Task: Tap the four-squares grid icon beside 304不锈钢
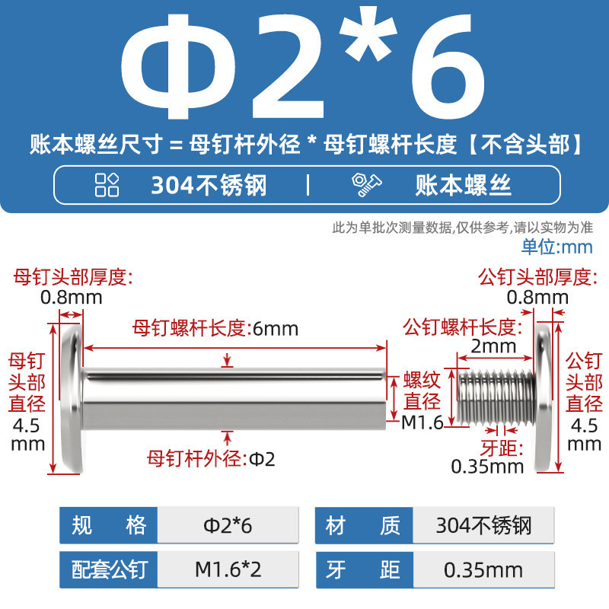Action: [107, 185]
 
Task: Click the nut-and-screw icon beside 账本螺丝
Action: [366, 184]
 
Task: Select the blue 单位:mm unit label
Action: [557, 247]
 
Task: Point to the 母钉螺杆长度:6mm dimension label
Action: [215, 329]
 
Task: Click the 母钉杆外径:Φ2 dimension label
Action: [211, 459]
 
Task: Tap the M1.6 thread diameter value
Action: [422, 422]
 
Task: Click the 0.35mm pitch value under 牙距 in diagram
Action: [487, 467]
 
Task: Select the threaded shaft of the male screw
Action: [496, 397]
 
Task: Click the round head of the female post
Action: [72, 399]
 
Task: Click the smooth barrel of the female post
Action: [235, 398]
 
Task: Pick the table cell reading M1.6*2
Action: [228, 569]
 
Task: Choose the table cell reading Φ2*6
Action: [228, 525]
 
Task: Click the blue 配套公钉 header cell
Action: [109, 569]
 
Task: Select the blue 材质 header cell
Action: [364, 525]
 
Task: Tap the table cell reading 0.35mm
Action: [483, 569]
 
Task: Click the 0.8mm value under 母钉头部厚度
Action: [72, 298]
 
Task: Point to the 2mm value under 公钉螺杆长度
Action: [493, 346]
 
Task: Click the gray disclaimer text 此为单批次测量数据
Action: [391, 227]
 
